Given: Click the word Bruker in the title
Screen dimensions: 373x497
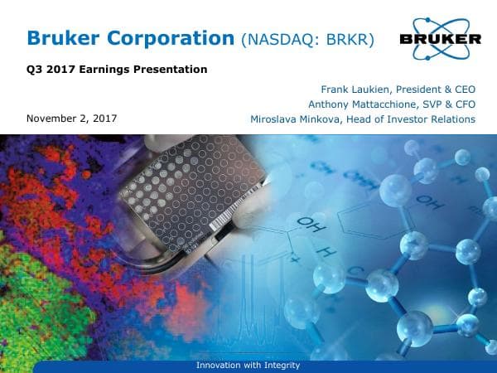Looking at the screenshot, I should coord(67,37).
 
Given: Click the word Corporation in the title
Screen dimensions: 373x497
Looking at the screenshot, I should coord(173,37).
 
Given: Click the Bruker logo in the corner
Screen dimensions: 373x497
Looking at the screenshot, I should coord(440,38).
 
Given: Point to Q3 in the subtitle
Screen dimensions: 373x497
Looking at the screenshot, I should coord(36,70).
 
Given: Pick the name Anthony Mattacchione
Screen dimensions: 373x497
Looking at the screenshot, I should coord(359,104).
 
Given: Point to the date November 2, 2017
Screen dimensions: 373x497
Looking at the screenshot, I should coord(72,119).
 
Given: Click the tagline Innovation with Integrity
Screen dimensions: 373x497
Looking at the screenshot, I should coord(248,366).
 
